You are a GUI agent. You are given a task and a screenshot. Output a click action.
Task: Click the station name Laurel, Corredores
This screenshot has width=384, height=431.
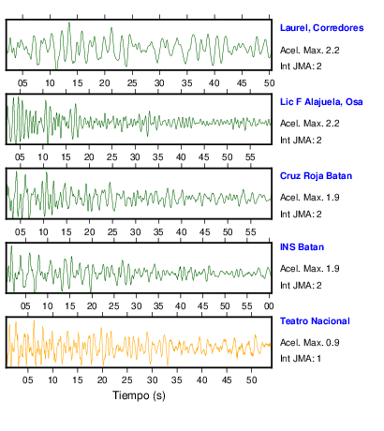click(321, 28)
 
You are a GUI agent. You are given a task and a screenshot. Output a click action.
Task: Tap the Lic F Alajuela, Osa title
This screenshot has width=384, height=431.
click(321, 102)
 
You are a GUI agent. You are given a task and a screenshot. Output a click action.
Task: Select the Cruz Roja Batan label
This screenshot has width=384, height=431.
click(316, 176)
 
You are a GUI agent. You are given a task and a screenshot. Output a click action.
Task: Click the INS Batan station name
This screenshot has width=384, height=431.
click(302, 247)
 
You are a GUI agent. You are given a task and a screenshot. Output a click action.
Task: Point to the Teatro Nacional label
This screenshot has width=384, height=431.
click(315, 321)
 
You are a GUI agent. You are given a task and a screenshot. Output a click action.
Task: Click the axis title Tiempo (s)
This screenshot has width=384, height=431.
click(139, 395)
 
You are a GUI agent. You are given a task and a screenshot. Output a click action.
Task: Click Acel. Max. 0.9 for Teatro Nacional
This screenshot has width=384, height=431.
click(310, 343)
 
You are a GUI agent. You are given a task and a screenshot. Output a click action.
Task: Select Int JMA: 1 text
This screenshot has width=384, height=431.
click(301, 358)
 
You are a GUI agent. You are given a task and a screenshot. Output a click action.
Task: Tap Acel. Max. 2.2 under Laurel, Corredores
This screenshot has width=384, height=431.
click(310, 50)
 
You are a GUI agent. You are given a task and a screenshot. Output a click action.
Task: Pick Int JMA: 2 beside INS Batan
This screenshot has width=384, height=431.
click(301, 285)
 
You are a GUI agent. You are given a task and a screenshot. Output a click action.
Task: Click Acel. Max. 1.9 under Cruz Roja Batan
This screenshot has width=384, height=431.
click(310, 198)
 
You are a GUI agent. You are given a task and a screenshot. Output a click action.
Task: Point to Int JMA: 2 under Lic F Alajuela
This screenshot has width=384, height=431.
click(301, 140)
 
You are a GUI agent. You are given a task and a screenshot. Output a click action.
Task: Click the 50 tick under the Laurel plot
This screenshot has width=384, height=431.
click(269, 83)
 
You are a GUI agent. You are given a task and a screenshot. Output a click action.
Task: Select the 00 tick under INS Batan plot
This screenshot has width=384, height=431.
click(269, 306)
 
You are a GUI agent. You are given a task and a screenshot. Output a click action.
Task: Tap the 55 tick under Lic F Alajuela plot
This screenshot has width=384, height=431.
click(250, 157)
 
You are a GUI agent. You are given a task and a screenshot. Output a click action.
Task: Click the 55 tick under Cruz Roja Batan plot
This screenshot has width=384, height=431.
click(250, 232)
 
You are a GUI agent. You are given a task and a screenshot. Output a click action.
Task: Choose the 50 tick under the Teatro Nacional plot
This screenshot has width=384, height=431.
click(251, 380)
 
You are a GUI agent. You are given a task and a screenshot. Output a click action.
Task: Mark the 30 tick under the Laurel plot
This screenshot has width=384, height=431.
click(159, 83)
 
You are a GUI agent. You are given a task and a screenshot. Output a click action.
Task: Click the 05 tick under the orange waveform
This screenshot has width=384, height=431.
click(27, 380)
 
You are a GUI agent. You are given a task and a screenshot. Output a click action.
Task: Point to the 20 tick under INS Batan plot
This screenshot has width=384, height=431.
click(92, 306)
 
